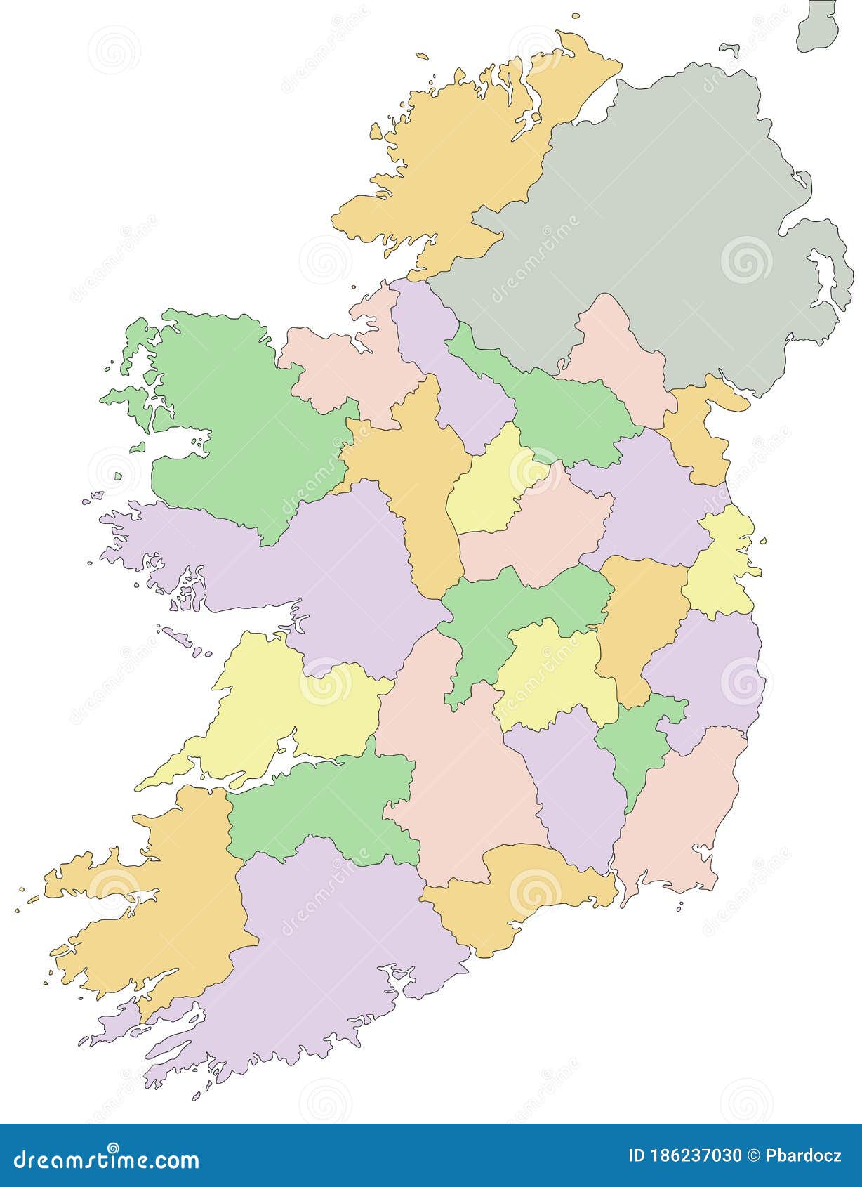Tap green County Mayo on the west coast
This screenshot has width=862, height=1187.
coord(239,421)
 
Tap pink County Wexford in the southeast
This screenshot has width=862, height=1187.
coord(681,815)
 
